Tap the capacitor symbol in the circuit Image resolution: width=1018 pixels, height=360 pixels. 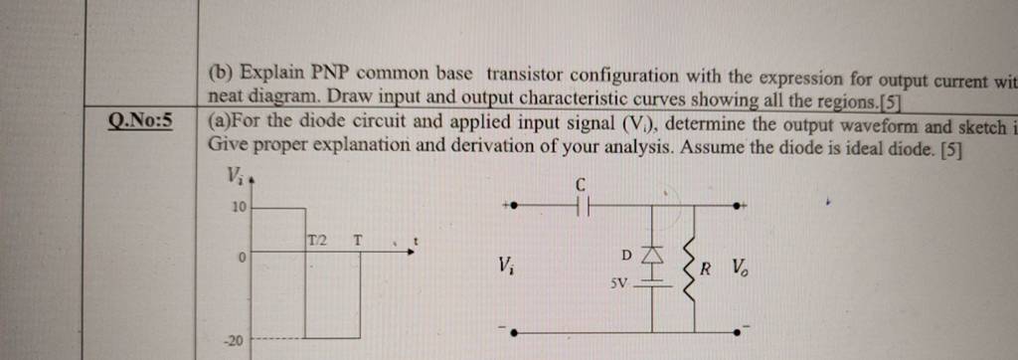583,206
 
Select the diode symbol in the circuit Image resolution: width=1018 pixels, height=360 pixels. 653,257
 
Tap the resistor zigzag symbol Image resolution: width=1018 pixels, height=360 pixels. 687,267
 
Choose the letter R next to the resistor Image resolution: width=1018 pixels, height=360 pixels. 706,268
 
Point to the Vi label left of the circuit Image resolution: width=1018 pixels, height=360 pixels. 506,266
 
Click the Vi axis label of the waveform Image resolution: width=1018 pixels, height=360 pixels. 235,177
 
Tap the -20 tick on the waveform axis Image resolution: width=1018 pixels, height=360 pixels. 234,341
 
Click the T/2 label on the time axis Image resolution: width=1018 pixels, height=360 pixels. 316,240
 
